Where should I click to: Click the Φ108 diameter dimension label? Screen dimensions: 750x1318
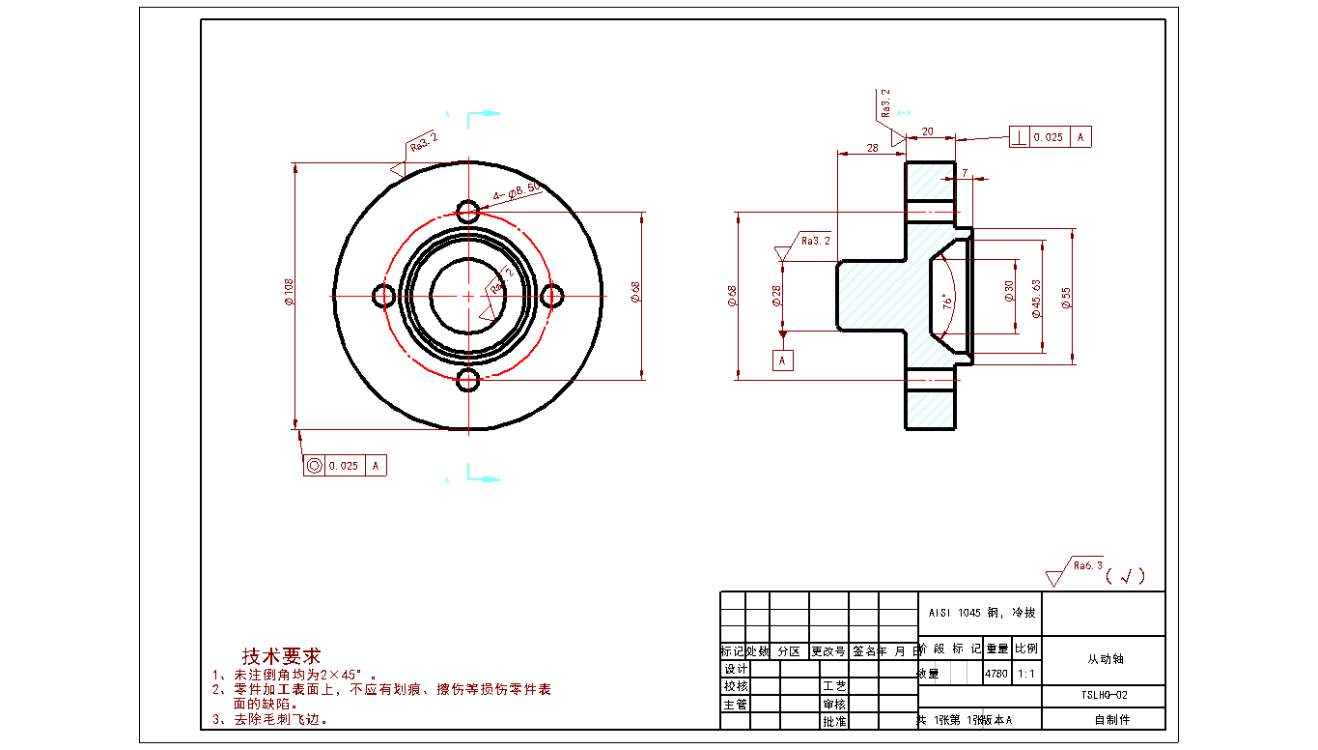tap(289, 293)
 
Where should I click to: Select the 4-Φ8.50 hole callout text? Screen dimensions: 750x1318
tap(516, 191)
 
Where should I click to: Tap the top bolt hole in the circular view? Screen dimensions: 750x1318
tap(468, 211)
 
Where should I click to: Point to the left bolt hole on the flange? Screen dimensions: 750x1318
tap(384, 296)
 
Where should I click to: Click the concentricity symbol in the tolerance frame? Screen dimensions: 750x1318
tap(314, 466)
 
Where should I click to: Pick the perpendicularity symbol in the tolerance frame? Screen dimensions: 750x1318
tap(1020, 137)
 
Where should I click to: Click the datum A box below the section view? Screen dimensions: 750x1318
tap(783, 361)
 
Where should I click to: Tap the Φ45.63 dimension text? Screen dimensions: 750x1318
tap(1036, 299)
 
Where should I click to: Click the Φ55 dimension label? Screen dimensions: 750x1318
tap(1066, 298)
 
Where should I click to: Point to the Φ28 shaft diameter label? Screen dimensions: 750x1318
tap(776, 296)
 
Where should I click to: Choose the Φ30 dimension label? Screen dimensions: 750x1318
tap(1008, 291)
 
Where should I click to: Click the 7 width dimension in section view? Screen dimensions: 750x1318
tap(965, 173)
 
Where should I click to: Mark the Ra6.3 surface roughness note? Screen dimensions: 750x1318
tap(1087, 566)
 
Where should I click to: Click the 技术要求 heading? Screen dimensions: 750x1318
tap(281, 656)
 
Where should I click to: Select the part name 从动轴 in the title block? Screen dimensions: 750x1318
tap(1105, 660)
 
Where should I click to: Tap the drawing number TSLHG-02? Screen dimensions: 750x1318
tap(1105, 696)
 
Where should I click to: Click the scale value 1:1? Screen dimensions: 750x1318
tap(1025, 674)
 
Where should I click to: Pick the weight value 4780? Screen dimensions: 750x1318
tap(996, 674)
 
